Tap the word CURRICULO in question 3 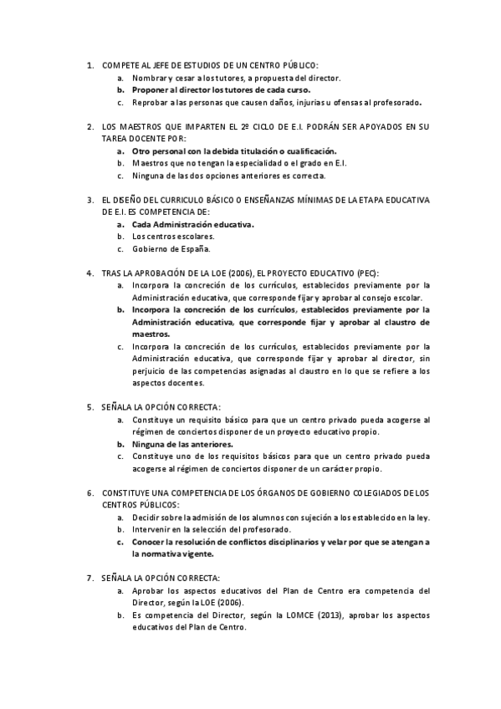pos(171,201)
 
